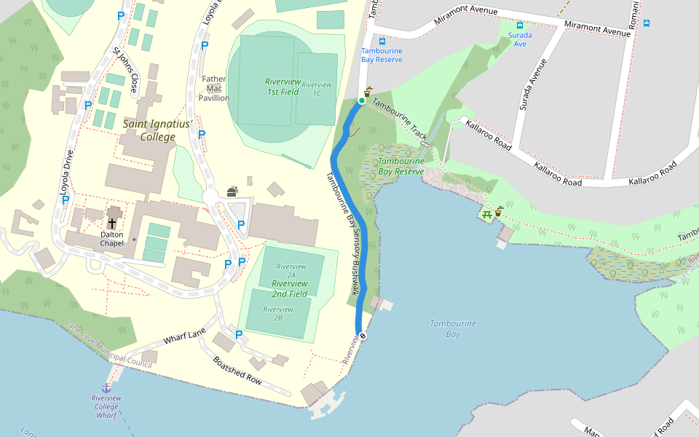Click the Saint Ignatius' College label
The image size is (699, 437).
(157, 130)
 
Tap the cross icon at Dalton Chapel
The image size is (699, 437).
(112, 223)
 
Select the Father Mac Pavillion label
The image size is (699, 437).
(213, 88)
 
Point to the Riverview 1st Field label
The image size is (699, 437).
(283, 87)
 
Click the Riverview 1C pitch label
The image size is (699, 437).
(317, 89)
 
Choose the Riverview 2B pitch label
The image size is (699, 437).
(278, 314)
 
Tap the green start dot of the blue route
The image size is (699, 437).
(361, 101)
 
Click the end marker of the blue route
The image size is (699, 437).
(363, 336)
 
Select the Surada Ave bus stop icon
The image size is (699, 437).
(519, 25)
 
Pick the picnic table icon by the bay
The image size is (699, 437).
(486, 213)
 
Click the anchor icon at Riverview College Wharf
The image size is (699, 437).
(106, 387)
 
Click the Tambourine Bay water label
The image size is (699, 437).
(452, 328)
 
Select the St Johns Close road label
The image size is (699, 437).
(125, 71)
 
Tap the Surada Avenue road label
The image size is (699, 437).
(533, 84)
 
